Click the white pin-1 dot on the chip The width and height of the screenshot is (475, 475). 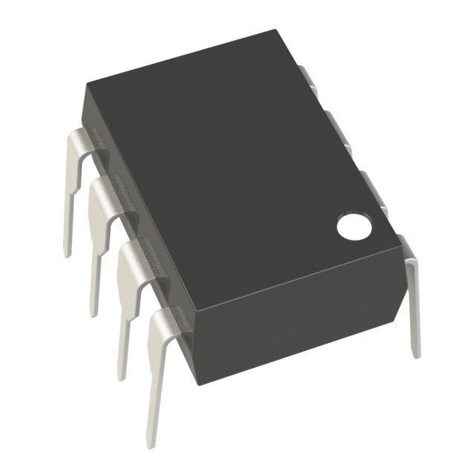tap(354, 227)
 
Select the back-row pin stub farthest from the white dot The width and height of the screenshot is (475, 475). tap(309, 78)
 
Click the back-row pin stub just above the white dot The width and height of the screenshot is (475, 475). tap(371, 186)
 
